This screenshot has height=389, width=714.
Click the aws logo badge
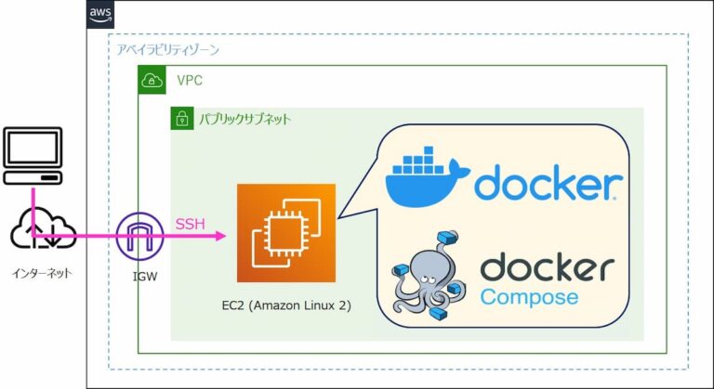[101, 14]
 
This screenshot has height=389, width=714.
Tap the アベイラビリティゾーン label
[168, 48]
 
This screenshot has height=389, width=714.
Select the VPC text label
[190, 81]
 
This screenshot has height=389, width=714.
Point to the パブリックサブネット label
[245, 120]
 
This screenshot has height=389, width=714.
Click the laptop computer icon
[33, 157]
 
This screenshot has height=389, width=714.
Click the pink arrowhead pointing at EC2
[221, 237]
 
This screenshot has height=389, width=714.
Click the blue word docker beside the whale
[546, 183]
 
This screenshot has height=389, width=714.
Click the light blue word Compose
[529, 298]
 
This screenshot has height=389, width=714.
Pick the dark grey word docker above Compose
[547, 267]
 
